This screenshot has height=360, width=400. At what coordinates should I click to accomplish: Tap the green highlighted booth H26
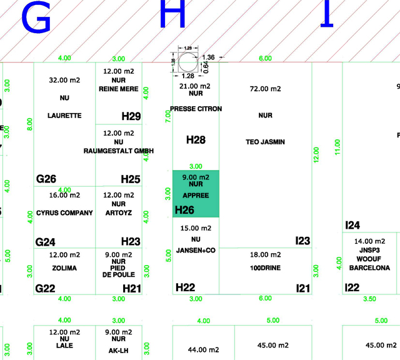point(196,194)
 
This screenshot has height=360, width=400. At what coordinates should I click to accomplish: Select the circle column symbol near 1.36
point(186,62)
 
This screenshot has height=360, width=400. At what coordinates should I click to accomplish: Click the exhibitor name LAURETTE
point(64,116)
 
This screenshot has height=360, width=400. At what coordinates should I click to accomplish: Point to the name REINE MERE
point(119,89)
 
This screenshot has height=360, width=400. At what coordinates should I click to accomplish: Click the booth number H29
point(131,116)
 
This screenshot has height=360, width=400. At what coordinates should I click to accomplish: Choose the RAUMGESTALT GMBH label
point(119,151)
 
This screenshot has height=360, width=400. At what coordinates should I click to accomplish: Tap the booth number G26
point(46,179)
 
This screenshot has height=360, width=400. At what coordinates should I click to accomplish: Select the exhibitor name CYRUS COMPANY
point(64,213)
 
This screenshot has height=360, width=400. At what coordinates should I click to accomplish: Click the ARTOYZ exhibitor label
point(119,213)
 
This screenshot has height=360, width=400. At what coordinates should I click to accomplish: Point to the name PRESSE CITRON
point(196,109)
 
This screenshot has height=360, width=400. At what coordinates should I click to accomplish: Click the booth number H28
point(196,140)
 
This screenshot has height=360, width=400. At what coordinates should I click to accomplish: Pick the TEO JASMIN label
point(265,142)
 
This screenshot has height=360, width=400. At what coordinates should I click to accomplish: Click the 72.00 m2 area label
point(265,89)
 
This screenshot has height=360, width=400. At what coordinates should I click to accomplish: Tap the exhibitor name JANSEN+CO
point(196,251)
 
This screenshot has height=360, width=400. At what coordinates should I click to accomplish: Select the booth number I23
point(302,241)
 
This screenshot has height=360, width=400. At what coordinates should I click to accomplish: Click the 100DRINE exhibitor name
point(265,268)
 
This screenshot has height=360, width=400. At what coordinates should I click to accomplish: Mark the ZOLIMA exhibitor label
point(64,268)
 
